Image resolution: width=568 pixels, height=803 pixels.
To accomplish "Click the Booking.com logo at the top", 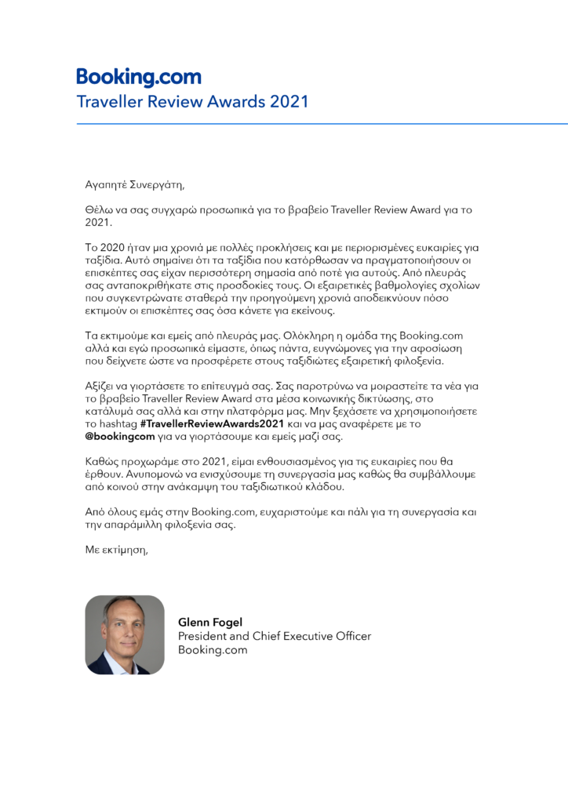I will click(138, 78).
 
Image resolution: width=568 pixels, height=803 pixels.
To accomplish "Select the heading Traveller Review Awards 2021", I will click(192, 102).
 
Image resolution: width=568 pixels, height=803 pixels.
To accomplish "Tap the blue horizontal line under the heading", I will click(322, 124).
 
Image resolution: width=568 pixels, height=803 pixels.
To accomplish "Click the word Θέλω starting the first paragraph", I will click(99, 210).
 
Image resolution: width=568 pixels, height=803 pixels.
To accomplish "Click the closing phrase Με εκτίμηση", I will click(116, 550).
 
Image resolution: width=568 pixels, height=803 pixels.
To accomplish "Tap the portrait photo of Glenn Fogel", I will click(125, 634).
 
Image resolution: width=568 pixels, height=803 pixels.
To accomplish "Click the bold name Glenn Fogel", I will click(210, 623).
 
